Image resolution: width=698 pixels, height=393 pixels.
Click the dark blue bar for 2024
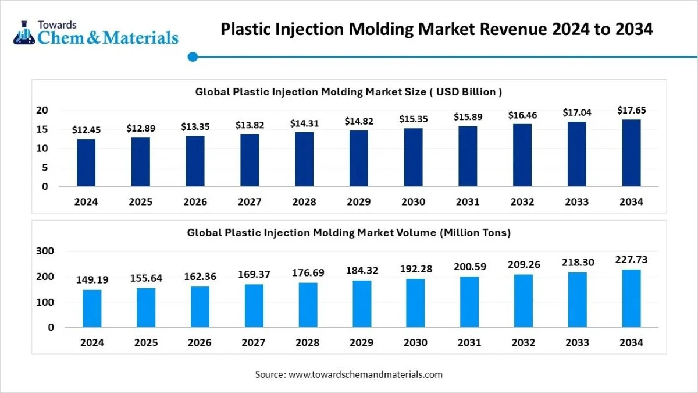(x=86, y=163)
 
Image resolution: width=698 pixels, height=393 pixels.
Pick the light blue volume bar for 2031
(x=470, y=301)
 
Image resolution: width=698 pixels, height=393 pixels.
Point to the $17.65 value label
(x=631, y=110)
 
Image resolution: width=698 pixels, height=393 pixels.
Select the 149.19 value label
(x=92, y=280)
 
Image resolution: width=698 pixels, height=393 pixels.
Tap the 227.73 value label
(x=631, y=260)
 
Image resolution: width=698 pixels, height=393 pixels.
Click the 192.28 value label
(x=416, y=269)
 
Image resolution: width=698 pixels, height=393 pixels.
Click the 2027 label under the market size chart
(x=250, y=202)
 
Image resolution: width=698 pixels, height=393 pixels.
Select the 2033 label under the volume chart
(x=578, y=343)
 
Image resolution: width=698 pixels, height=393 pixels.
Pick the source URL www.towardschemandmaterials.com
(x=365, y=374)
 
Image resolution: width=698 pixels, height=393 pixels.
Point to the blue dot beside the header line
(x=193, y=56)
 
